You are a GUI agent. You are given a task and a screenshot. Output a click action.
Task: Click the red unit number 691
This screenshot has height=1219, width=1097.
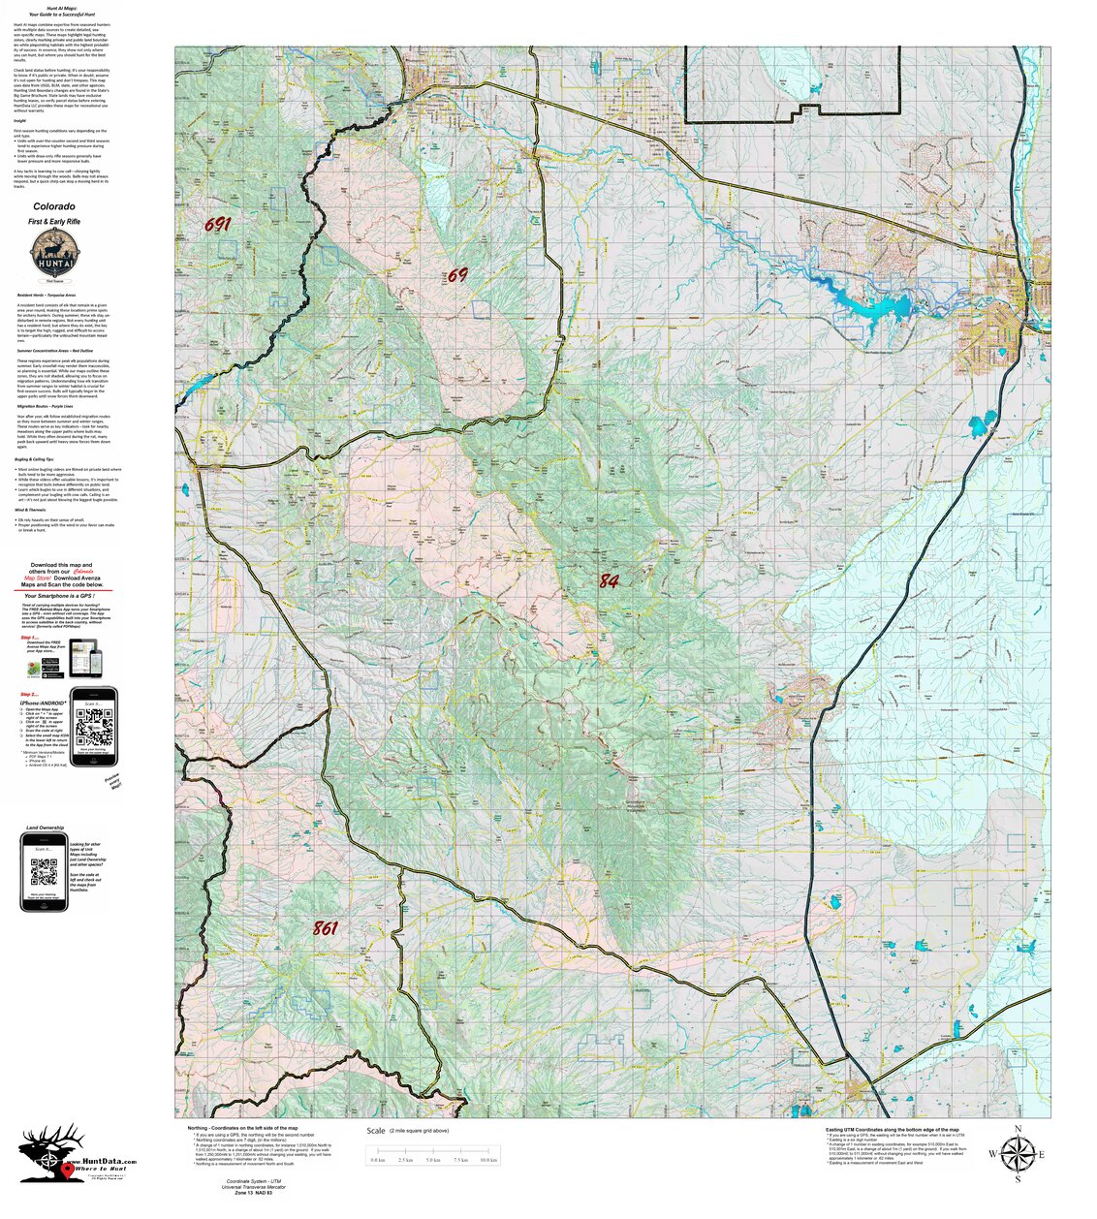pyautogui.click(x=218, y=225)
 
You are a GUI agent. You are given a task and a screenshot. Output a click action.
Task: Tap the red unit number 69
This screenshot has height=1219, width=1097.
pyautogui.click(x=457, y=275)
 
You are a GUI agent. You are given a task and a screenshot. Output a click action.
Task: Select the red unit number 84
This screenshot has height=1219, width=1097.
pyautogui.click(x=609, y=581)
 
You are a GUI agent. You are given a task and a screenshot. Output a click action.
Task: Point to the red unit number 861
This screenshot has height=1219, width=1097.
pyautogui.click(x=326, y=928)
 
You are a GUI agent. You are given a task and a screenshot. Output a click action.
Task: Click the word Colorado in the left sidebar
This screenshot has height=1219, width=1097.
pyautogui.click(x=54, y=206)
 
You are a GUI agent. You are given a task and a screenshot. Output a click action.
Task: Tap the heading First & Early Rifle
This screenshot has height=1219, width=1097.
pyautogui.click(x=54, y=223)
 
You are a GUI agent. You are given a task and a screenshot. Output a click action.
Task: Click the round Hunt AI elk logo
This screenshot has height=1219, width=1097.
pyautogui.click(x=54, y=254)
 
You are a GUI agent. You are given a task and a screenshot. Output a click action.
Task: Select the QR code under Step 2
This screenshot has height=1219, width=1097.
pyautogui.click(x=94, y=726)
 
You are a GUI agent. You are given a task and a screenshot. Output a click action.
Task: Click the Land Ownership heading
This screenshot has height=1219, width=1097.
pyautogui.click(x=45, y=828)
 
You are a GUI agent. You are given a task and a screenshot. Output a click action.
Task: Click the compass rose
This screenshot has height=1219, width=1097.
pyautogui.click(x=1017, y=1153)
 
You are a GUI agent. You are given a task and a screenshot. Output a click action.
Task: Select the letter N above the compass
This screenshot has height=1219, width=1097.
pyautogui.click(x=1018, y=1129)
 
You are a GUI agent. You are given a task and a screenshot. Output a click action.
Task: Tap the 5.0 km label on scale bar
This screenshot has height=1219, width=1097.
pyautogui.click(x=434, y=1160)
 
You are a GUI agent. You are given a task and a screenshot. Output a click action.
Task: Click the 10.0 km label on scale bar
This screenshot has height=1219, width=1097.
pyautogui.click(x=489, y=1160)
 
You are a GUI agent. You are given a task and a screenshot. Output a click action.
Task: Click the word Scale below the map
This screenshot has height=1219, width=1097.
pyautogui.click(x=376, y=1131)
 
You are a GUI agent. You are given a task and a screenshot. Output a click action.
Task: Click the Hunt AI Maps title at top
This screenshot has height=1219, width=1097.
pyautogui.click(x=62, y=7)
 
